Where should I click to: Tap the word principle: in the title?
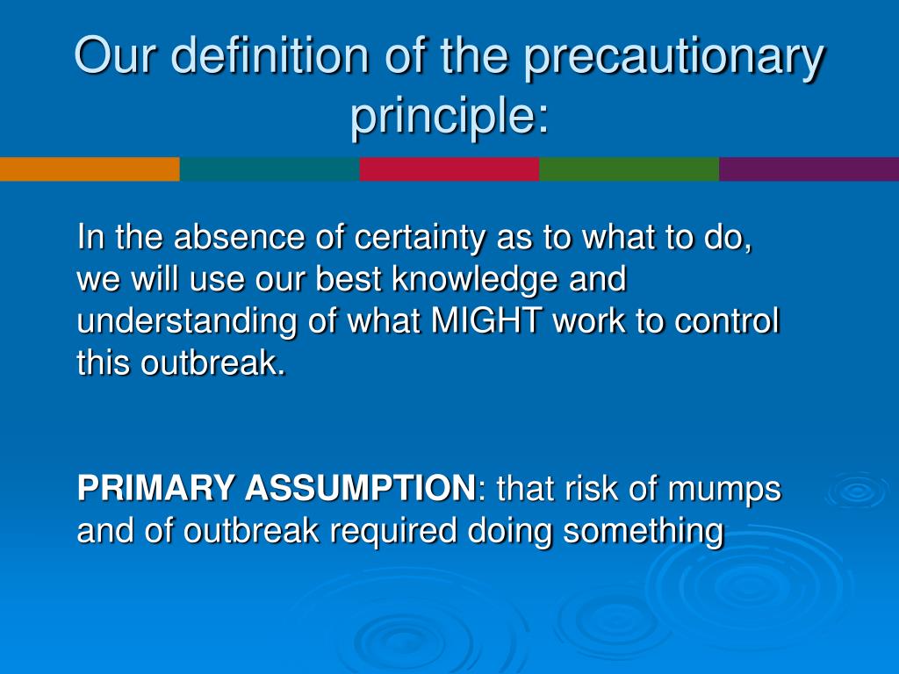449,118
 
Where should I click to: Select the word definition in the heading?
270,55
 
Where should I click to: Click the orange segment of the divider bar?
90,169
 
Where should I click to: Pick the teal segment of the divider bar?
270,169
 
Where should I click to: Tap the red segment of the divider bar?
449,169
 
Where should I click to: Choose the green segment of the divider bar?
629,169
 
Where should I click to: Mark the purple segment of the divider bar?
809,169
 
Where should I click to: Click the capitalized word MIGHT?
486,320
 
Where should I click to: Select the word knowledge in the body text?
475,280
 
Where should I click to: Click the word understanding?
187,321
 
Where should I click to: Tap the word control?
727,320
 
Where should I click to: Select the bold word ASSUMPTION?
360,488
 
